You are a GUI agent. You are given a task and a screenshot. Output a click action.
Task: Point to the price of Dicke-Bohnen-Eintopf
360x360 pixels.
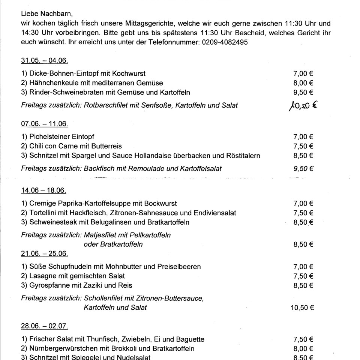[303, 73]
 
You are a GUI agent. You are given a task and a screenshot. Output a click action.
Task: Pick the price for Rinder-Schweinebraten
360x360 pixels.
[303, 92]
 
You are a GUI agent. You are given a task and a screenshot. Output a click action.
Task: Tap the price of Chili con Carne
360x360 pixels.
[303, 146]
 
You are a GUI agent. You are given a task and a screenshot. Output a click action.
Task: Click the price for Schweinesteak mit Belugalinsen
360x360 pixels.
[303, 222]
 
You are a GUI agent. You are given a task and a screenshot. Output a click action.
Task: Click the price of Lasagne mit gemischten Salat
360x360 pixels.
[303, 276]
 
